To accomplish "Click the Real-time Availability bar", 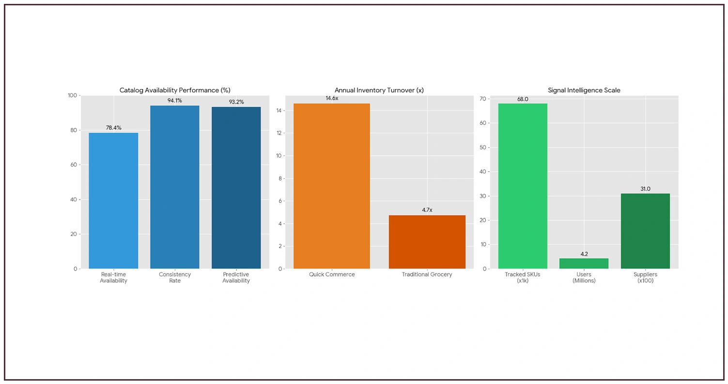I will (x=113, y=200).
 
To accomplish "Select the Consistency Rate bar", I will (x=175, y=187).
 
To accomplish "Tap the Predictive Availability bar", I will (x=236, y=188).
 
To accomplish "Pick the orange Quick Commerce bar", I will (x=332, y=186).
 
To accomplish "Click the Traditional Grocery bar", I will (x=427, y=242).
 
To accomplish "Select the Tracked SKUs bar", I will (x=523, y=186).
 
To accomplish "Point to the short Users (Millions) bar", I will (x=584, y=263).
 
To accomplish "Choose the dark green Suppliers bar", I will (x=645, y=231).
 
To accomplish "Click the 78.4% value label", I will (x=113, y=128).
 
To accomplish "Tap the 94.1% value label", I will (x=175, y=101).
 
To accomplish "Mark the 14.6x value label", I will (x=332, y=98).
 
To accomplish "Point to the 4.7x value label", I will (x=427, y=210).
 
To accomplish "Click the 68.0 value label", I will (x=523, y=99).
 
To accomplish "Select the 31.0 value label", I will (x=645, y=189).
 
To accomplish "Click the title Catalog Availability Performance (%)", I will (x=175, y=90).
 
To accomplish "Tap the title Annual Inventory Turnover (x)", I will (x=379, y=90).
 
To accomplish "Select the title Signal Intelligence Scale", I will (x=584, y=90).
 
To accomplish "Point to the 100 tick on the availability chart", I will (x=71, y=95).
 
